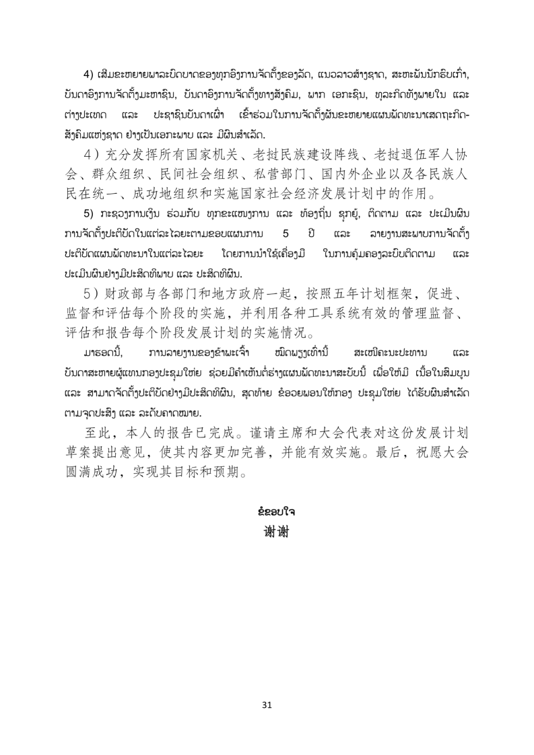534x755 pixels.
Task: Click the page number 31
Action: click(x=267, y=705)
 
